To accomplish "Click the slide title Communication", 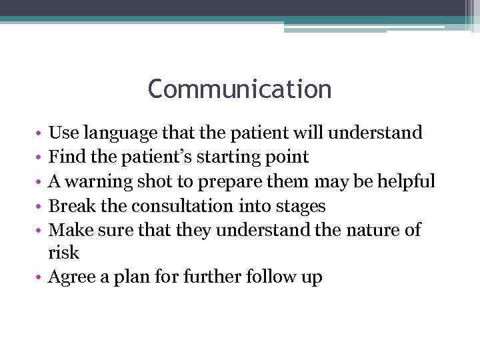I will [239, 89].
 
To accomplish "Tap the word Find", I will [65, 157].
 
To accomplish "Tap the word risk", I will [63, 253].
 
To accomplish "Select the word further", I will [211, 277].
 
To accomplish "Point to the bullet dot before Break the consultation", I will [41, 206].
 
